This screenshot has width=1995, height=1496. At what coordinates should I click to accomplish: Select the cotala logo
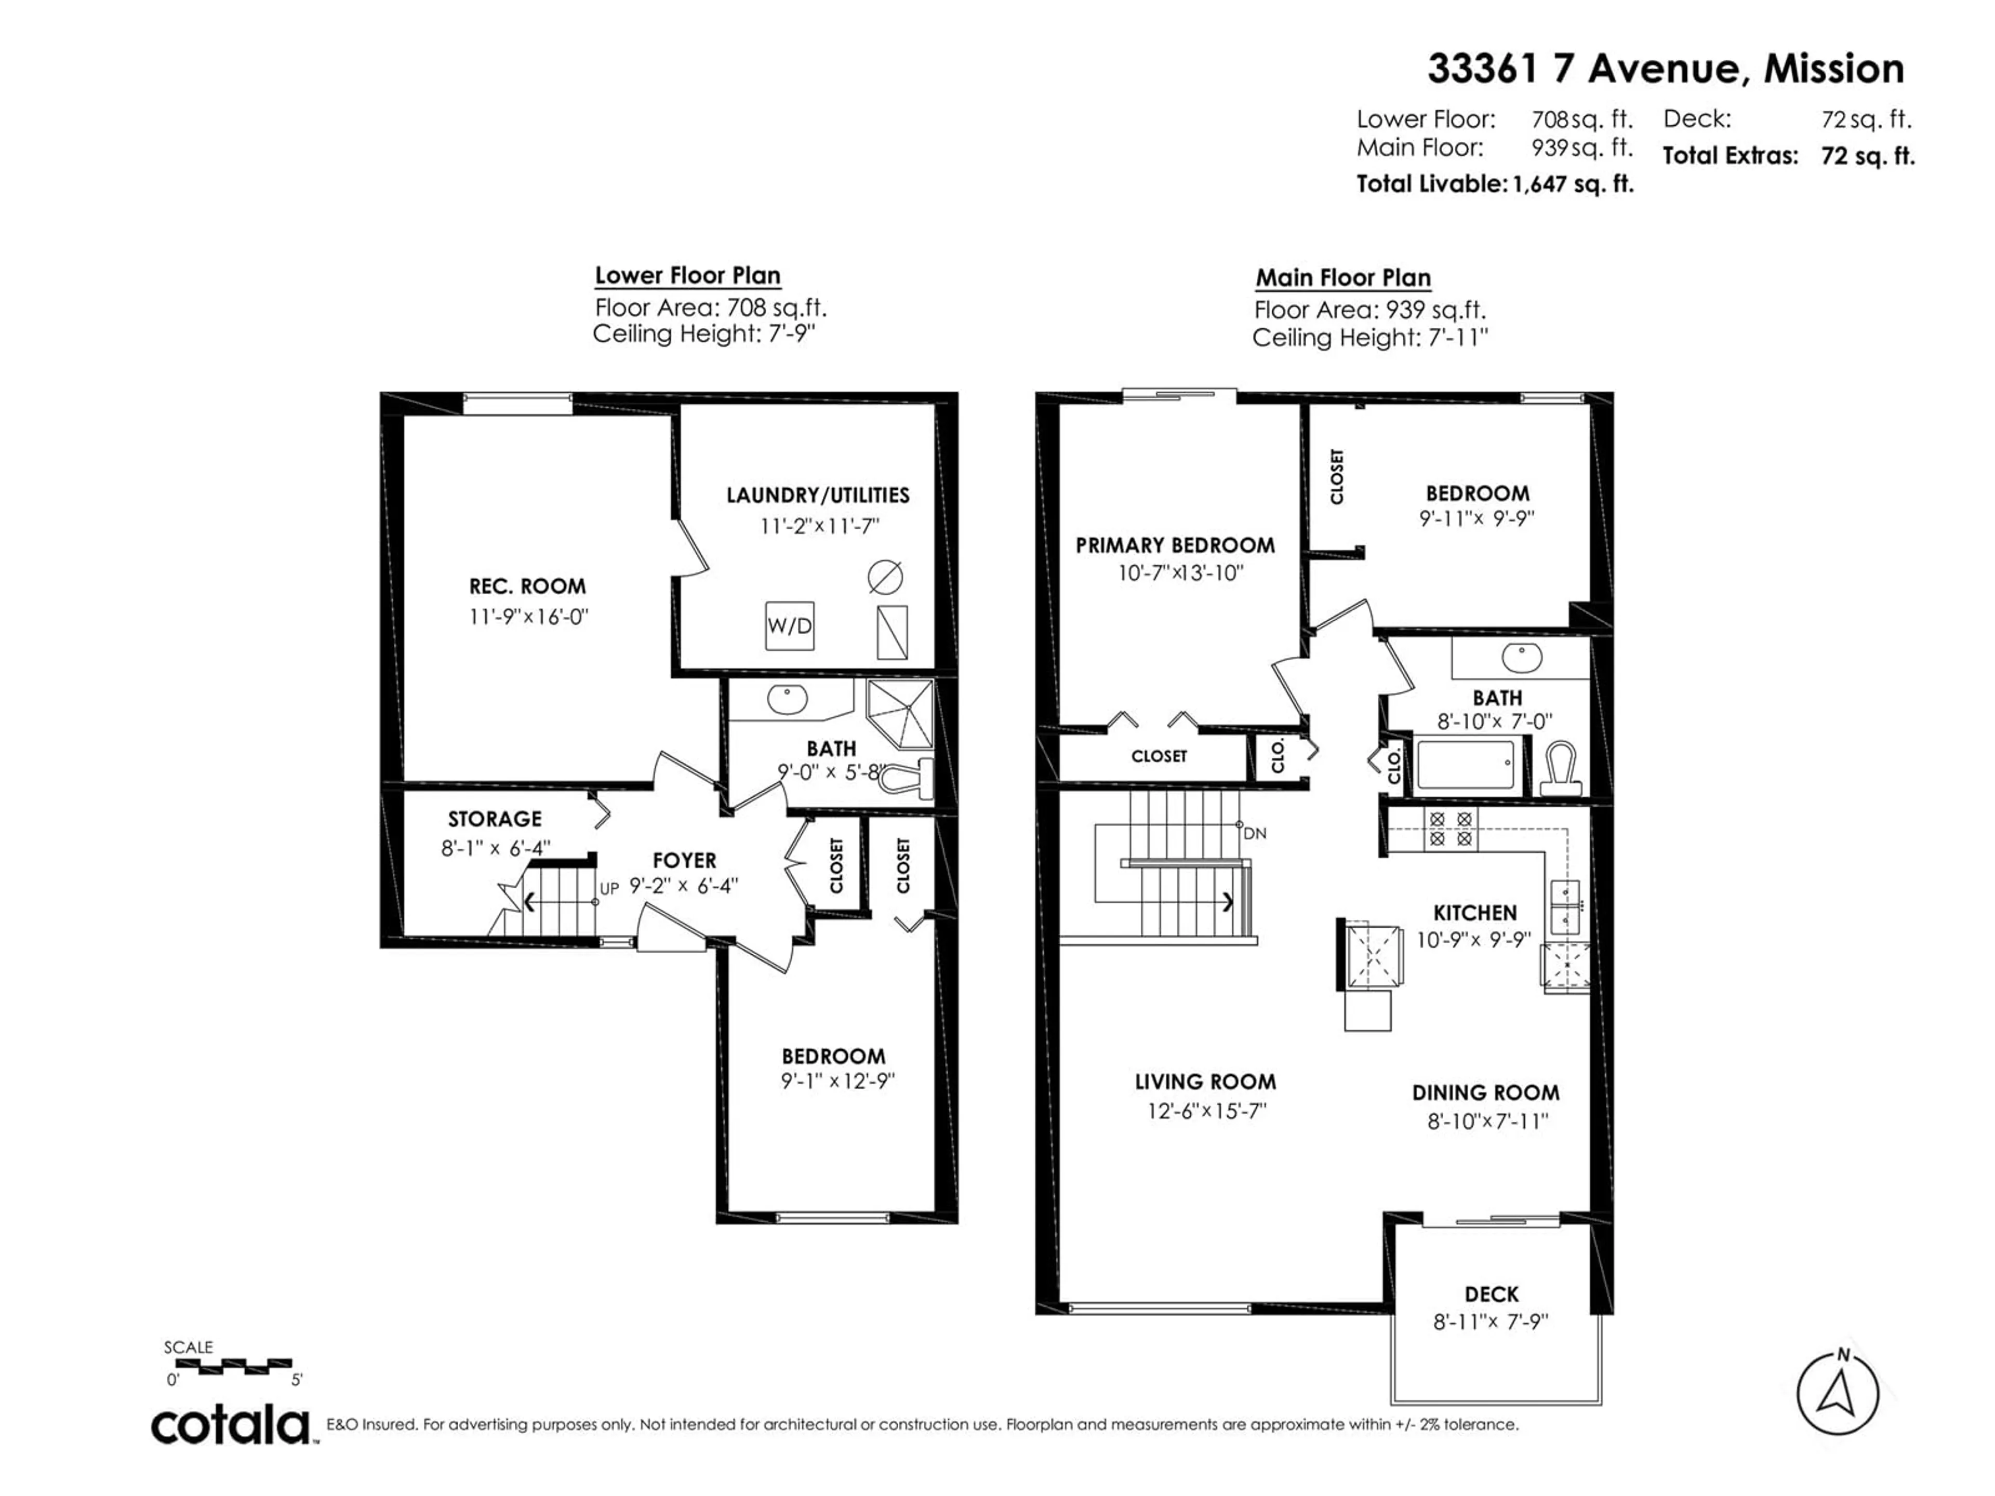[230, 1426]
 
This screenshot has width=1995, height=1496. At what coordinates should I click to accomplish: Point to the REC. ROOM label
[528, 586]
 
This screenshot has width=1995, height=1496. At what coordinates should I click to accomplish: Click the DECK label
[1492, 1294]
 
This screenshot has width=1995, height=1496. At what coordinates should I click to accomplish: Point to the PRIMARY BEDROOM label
[1175, 545]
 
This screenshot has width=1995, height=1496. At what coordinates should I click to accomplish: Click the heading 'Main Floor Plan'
[1343, 278]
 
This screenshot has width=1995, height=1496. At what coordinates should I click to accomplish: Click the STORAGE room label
[495, 819]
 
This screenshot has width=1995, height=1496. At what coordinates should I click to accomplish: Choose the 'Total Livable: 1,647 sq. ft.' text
[1495, 184]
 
